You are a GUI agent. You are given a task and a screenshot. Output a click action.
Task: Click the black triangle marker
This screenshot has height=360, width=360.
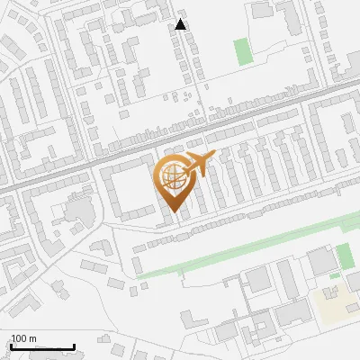point(181,24)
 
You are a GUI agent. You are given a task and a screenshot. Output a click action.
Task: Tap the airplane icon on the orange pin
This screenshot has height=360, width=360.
point(199,166)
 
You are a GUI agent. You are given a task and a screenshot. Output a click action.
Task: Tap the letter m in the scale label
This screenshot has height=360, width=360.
point(32,338)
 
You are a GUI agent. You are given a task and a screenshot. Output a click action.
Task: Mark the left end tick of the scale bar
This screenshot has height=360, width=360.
point(9,346)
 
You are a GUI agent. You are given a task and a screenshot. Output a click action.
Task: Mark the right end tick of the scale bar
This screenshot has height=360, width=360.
point(74,346)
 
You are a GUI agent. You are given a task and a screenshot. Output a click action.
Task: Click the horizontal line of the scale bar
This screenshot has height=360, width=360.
point(41,347)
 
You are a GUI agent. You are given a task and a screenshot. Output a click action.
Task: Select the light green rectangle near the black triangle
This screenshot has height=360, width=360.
point(243,51)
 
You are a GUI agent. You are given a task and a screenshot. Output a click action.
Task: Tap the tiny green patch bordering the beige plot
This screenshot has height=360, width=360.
point(335,275)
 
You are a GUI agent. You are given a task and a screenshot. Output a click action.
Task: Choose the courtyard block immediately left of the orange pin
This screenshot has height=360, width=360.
point(126,189)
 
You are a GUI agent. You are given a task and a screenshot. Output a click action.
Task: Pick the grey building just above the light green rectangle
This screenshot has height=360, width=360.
point(263,11)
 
